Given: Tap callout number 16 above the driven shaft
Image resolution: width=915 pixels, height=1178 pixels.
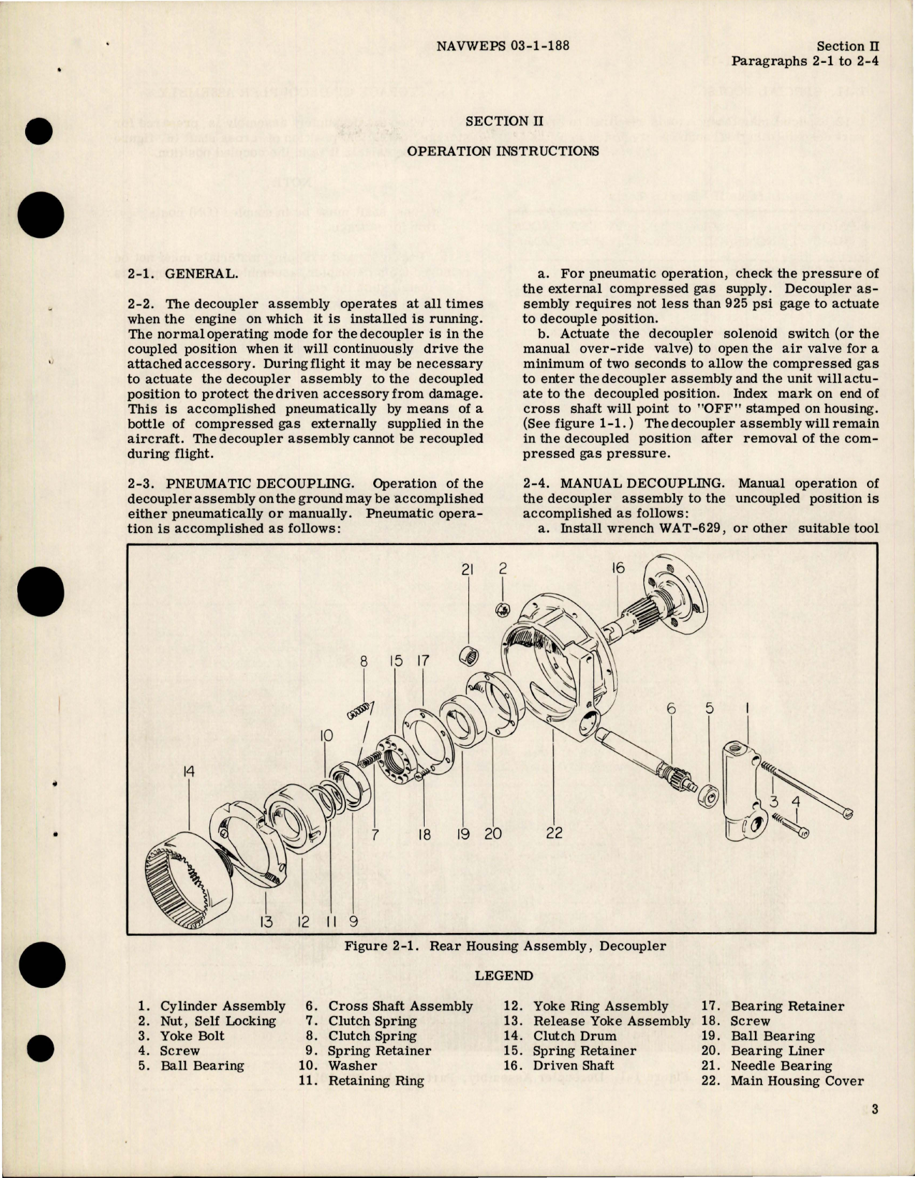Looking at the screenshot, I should tap(618, 568).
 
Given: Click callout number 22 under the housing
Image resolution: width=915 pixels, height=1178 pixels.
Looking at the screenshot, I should tap(553, 832).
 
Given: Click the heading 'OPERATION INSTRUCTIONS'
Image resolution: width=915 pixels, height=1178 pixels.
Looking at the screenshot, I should tap(503, 151).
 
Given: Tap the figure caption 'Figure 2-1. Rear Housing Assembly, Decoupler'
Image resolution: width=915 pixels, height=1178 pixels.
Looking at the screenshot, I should tap(505, 947).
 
